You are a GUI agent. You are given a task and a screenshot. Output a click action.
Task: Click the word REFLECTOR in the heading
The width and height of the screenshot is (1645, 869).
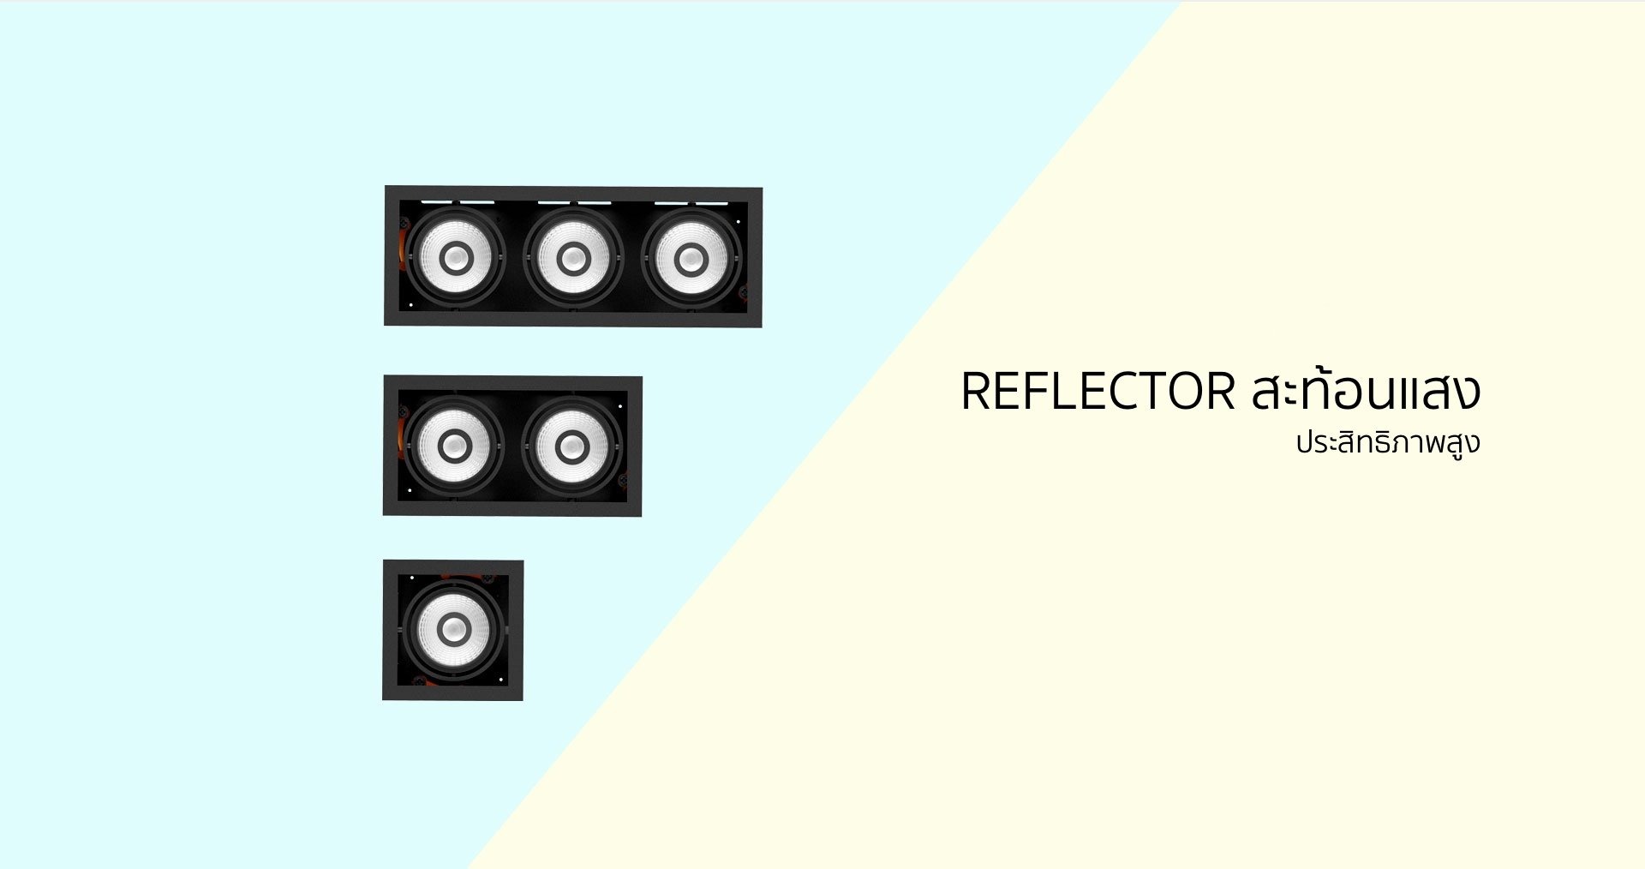[1098, 392]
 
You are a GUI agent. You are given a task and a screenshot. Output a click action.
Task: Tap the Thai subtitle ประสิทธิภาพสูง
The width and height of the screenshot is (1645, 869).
[1388, 443]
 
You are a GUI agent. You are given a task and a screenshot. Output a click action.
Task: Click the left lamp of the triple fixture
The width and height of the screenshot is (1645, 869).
[456, 258]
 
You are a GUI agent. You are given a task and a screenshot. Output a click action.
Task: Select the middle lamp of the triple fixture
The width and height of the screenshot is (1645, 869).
[573, 258]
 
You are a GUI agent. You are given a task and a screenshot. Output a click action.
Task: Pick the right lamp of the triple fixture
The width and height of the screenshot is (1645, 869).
[691, 258]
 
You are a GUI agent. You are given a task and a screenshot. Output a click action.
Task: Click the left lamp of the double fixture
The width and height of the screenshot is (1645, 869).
[454, 446]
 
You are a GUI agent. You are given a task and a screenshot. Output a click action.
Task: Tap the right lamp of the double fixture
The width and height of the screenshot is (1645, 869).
[571, 446]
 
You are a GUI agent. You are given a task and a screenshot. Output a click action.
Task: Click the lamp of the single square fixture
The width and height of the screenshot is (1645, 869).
[453, 630]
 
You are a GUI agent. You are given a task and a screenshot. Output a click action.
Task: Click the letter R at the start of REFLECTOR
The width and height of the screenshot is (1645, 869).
[977, 392]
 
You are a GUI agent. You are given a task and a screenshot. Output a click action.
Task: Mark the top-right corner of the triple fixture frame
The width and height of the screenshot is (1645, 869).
[762, 188]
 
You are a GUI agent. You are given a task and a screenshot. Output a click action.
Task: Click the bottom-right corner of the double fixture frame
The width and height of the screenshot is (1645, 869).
[641, 516]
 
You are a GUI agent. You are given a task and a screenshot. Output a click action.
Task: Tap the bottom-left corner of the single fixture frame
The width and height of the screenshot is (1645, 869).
[383, 699]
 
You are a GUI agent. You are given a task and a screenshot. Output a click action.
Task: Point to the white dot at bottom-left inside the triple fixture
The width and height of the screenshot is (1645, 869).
[410, 304]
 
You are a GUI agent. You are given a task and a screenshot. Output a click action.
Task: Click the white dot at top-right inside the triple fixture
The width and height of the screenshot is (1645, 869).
[739, 222]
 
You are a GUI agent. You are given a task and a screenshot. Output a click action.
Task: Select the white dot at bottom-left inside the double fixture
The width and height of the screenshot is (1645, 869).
[410, 490]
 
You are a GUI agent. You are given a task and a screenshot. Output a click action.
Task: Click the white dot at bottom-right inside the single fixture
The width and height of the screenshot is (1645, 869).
[500, 680]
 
